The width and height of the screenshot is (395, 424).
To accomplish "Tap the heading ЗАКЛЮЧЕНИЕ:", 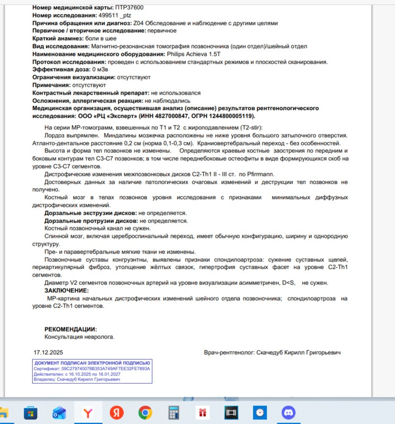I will pyautogui.click(x=66, y=291).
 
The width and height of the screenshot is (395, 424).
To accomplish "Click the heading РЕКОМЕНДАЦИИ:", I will pyautogui.click(x=71, y=329).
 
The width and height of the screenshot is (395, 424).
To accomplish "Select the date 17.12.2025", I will pyautogui.click(x=48, y=352).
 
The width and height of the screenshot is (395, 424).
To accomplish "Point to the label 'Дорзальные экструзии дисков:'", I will pyautogui.click(x=90, y=213).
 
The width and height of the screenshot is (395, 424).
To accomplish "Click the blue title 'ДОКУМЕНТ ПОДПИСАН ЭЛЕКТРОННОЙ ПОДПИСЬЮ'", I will pyautogui.click(x=92, y=363).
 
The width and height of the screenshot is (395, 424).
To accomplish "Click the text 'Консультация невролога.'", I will pyautogui.click(x=79, y=337).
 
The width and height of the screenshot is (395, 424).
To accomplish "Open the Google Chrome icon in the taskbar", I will pyautogui.click(x=145, y=412).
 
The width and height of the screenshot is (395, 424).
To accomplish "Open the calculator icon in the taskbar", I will pyautogui.click(x=174, y=412).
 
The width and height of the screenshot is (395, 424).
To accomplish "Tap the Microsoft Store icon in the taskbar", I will pyautogui.click(x=30, y=412).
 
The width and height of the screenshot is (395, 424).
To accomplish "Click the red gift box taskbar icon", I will pyautogui.click(x=202, y=412).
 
